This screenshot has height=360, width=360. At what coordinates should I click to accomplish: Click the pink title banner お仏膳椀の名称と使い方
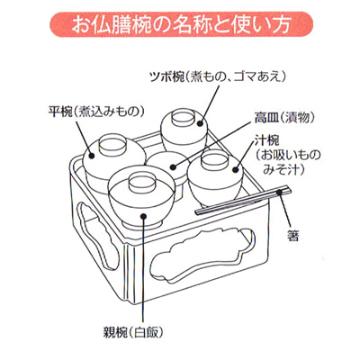coord(181,25)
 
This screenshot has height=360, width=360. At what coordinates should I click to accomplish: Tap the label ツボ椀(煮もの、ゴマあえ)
coord(218,77)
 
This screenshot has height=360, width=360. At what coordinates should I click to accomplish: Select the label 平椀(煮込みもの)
coord(96,112)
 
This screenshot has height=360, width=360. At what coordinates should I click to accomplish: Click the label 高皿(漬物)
coord(284,118)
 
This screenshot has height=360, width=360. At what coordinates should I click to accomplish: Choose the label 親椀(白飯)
coord(133,332)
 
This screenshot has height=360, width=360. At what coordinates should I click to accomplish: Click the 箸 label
coord(293,236)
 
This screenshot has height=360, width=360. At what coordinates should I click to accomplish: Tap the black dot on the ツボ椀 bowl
coord(201,123)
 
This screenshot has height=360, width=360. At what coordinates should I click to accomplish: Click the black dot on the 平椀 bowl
coord(92,156)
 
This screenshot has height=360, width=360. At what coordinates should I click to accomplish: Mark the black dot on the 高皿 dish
coord(174,166)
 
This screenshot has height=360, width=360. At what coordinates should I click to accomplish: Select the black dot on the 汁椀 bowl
coord(236,170)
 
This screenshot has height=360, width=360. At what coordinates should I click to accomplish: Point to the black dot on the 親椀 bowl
coord(144,216)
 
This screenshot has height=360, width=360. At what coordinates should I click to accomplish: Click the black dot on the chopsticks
coord(280,192)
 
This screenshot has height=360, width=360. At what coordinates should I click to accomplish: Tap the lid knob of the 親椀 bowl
coord(140,183)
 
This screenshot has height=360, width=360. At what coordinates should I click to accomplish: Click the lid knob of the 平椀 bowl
coord(112,143)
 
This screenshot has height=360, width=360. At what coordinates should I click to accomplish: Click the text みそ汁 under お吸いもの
coord(283,170)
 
